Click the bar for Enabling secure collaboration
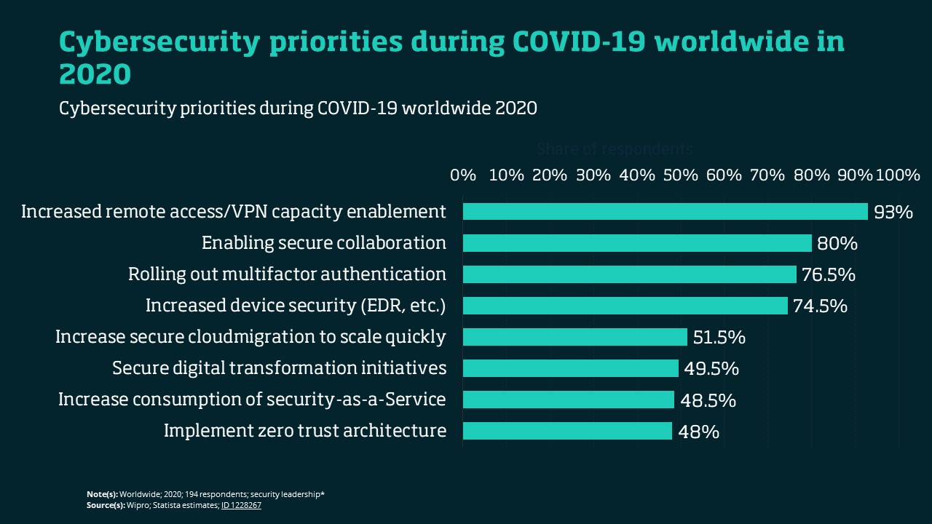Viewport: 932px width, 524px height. tap(637, 243)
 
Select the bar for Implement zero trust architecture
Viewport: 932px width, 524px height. tap(567, 431)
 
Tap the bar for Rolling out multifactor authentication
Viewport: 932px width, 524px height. tap(630, 274)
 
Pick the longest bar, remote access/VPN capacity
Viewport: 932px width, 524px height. tap(666, 212)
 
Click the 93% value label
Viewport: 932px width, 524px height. tap(893, 212)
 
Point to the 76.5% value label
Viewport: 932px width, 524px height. tap(828, 274)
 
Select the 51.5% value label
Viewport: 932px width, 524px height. tap(719, 337)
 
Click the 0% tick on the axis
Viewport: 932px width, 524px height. tap(463, 175)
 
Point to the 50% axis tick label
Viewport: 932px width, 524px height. tap(681, 175)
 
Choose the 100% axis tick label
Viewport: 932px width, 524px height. tap(898, 175)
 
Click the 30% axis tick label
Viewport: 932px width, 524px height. tap(593, 175)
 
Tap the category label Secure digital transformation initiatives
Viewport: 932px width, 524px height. tap(279, 368)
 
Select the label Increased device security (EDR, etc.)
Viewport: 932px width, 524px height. tap(296, 306)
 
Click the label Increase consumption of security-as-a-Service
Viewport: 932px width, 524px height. tap(252, 400)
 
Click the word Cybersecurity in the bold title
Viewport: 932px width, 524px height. tap(158, 43)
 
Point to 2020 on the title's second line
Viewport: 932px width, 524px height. tap(95, 74)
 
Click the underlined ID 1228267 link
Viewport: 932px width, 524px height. tap(241, 505)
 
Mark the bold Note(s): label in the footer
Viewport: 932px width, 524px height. tap(102, 495)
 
